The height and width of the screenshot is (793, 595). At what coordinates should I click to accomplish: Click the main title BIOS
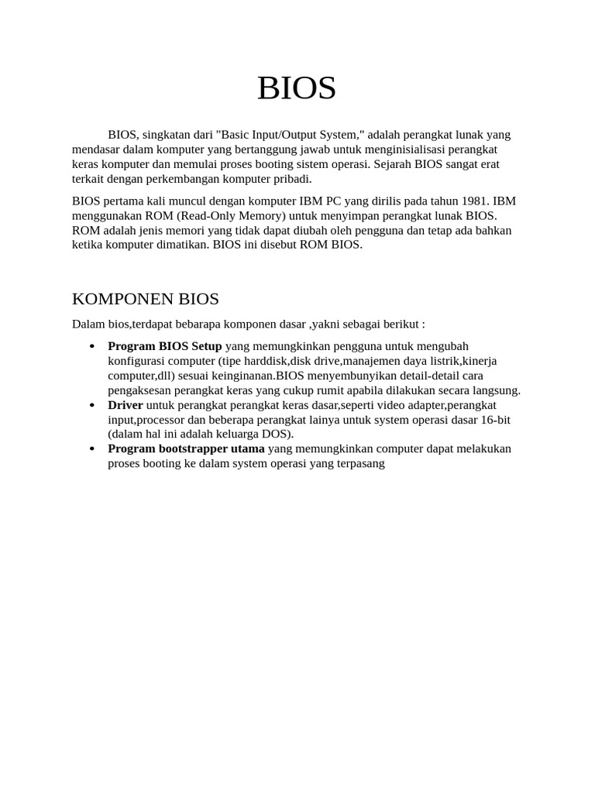pyautogui.click(x=297, y=88)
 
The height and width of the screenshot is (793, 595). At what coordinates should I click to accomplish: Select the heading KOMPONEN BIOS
pyautogui.click(x=145, y=299)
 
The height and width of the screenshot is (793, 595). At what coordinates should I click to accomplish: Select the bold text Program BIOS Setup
pyautogui.click(x=164, y=346)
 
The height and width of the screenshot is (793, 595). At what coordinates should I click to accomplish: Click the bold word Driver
pyautogui.click(x=126, y=405)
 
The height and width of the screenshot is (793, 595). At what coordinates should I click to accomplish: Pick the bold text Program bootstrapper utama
pyautogui.click(x=186, y=449)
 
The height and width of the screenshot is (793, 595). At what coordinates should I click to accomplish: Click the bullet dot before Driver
pyautogui.click(x=92, y=405)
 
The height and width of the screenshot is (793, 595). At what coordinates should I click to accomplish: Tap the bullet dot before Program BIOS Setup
pyautogui.click(x=92, y=346)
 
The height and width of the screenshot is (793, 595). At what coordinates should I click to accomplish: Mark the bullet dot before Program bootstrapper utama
pyautogui.click(x=92, y=449)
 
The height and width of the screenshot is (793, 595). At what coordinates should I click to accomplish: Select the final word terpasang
pyautogui.click(x=359, y=464)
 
